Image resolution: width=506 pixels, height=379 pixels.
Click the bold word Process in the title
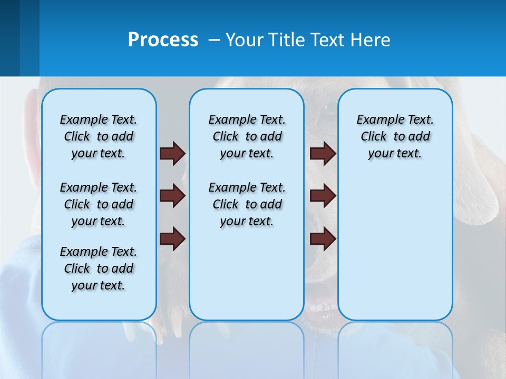click(163, 40)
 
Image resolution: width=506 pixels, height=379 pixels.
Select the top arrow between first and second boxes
click(172, 153)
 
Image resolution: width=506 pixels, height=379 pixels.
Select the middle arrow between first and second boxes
click(172, 196)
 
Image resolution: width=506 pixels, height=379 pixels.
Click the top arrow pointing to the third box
click(323, 153)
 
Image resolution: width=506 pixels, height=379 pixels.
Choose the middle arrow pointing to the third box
click(323, 196)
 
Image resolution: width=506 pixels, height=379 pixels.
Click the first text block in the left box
click(99, 136)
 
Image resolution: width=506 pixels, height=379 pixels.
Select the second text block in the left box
click(99, 204)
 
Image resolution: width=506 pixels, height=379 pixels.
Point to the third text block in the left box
click(99, 268)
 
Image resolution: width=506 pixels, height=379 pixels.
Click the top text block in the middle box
click(247, 136)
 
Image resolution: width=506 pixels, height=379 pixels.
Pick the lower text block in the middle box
click(247, 204)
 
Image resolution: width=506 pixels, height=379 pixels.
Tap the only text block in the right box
click(395, 136)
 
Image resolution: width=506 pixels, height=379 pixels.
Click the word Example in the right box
click(377, 120)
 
